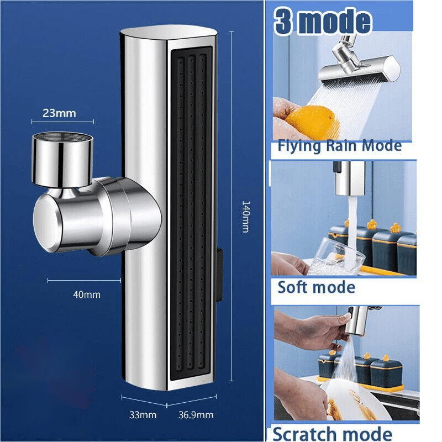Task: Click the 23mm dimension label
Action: point(59,113)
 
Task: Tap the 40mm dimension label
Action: point(87,294)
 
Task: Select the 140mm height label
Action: point(246,217)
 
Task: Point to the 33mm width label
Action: point(143,415)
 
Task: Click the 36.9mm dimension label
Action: point(196,415)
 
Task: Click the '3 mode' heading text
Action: point(323,22)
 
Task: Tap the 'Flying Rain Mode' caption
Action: point(340,146)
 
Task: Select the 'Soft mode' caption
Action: point(316,287)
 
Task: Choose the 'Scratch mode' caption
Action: point(333,434)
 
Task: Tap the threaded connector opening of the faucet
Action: point(62,136)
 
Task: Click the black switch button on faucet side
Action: point(219,275)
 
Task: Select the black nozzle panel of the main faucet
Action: point(191,212)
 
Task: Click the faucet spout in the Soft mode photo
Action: point(349,178)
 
